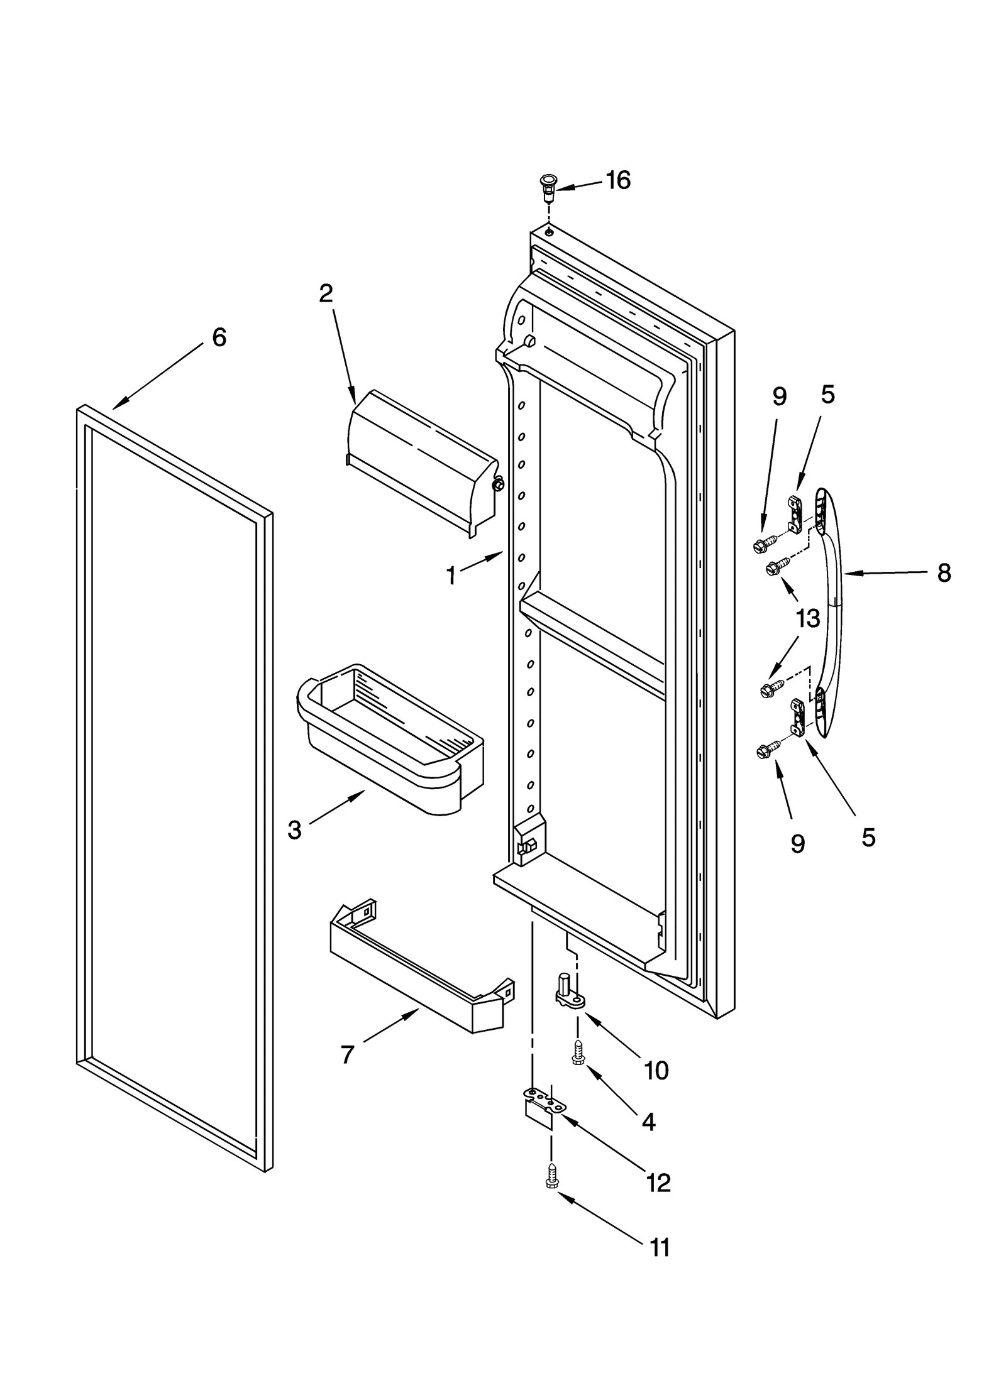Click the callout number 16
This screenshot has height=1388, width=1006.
click(x=617, y=180)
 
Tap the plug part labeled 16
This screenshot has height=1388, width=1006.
click(x=548, y=187)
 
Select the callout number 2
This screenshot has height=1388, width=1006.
click(x=326, y=293)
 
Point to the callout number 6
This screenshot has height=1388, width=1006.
click(x=219, y=337)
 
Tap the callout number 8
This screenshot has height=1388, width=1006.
click(x=944, y=573)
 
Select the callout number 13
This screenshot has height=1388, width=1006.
click(x=807, y=619)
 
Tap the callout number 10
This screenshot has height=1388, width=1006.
click(x=656, y=1070)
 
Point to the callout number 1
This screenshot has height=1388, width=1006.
click(x=450, y=576)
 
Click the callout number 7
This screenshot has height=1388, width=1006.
click(x=348, y=1054)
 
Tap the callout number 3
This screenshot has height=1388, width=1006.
click(x=294, y=829)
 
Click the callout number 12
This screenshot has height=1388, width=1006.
click(x=658, y=1183)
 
